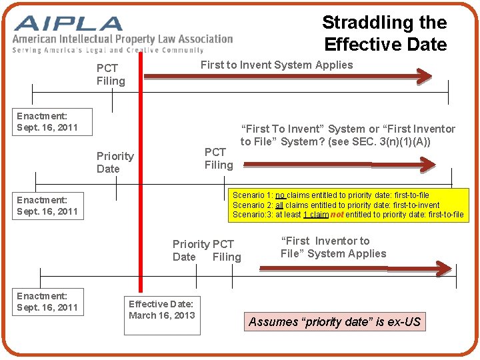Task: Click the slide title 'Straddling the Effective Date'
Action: point(385,33)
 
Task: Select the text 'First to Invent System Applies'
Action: point(277,65)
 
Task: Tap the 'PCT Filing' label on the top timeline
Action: point(111,75)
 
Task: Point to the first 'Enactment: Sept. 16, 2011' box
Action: point(47,121)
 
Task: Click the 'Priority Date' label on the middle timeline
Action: point(115,162)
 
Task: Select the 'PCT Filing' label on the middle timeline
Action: point(219,158)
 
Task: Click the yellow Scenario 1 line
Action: point(331,195)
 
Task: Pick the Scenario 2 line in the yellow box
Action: point(336,205)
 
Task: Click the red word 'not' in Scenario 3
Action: point(337,215)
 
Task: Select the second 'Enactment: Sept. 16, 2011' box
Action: point(47,205)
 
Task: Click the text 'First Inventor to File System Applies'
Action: point(333,247)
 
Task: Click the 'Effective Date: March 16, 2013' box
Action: point(161,309)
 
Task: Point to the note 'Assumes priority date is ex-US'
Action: point(335,322)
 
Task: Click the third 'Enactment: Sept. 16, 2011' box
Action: point(47,301)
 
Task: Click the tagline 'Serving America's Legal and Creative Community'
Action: point(108,50)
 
